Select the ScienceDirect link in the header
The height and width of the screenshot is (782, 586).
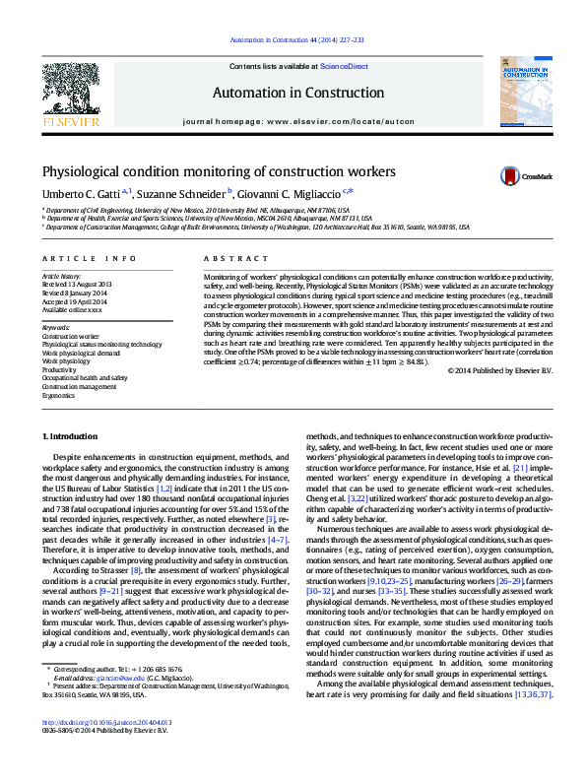pos(345,67)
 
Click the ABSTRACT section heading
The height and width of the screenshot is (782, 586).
pos(222,258)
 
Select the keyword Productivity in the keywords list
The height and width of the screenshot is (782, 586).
pos(61,369)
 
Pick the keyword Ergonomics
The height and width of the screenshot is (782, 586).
pos(60,395)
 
